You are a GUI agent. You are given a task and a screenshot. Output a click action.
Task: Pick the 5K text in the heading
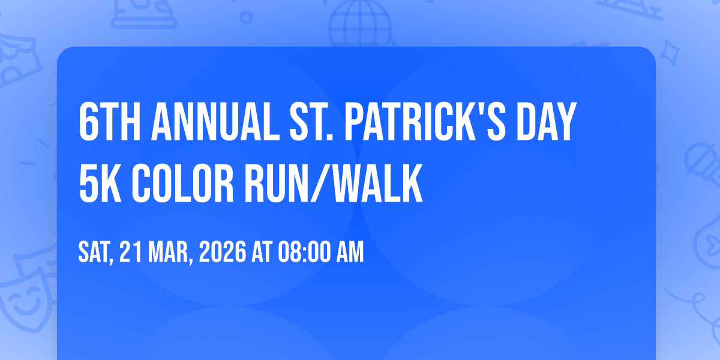[100, 184]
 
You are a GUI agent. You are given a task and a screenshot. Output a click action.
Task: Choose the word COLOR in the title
[182, 184]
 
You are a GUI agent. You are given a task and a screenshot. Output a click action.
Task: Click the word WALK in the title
[377, 184]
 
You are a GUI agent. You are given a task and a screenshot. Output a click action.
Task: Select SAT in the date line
[94, 253]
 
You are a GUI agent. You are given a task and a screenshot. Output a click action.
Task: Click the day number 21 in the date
[131, 252]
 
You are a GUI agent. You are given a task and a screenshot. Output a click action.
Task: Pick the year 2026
[223, 252]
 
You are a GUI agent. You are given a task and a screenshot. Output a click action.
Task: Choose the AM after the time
[350, 252]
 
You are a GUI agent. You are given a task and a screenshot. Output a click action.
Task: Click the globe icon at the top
[360, 24]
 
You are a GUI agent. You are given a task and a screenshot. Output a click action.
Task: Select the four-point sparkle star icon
[669, 53]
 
